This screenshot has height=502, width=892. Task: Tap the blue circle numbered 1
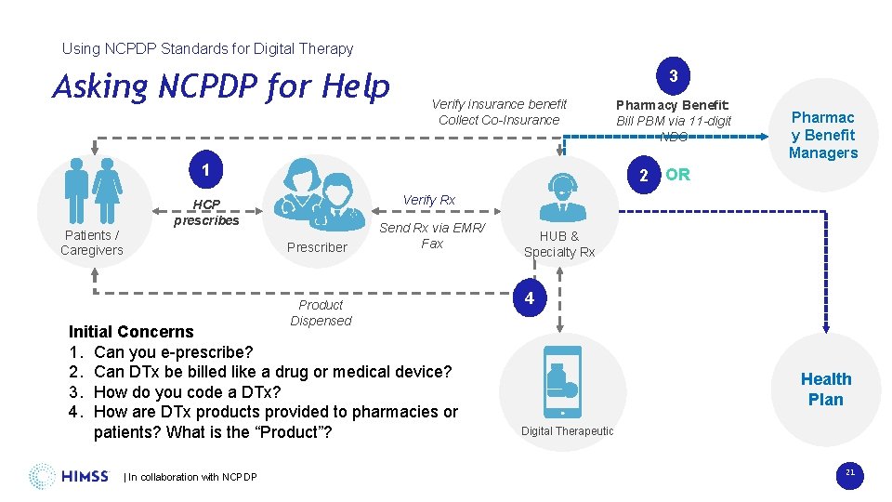tap(204, 169)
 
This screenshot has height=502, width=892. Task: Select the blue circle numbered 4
tap(529, 298)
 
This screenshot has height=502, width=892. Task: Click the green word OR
tap(677, 175)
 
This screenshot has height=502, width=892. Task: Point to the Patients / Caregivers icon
tap(92, 192)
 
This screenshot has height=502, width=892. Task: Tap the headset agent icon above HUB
tap(559, 190)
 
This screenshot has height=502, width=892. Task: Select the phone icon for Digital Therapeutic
tap(562, 381)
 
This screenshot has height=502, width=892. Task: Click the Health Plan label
tap(825, 389)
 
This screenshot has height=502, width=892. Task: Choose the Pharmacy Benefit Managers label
tap(822, 135)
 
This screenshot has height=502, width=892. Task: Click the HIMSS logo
tap(69, 476)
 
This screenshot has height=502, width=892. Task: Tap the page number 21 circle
tap(849, 475)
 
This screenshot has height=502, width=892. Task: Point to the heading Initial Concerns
tap(131, 332)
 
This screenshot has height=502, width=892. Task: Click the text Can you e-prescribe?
tap(173, 352)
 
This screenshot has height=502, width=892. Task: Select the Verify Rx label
tap(428, 200)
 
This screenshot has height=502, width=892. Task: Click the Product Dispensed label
tap(321, 312)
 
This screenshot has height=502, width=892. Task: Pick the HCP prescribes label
tap(206, 213)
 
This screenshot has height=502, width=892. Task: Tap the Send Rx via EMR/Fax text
tap(432, 235)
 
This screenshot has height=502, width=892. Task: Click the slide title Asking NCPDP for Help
tap(221, 86)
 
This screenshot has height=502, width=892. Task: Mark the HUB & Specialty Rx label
tap(559, 244)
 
